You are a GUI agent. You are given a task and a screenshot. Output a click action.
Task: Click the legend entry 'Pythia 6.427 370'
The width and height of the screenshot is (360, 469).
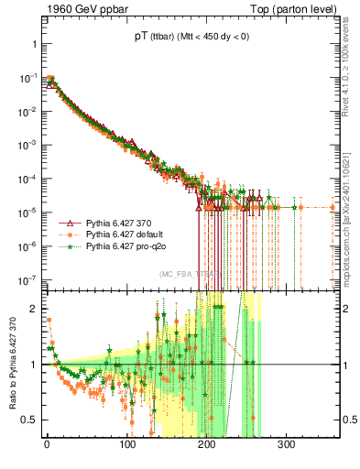pyautogui.click(x=122, y=223)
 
